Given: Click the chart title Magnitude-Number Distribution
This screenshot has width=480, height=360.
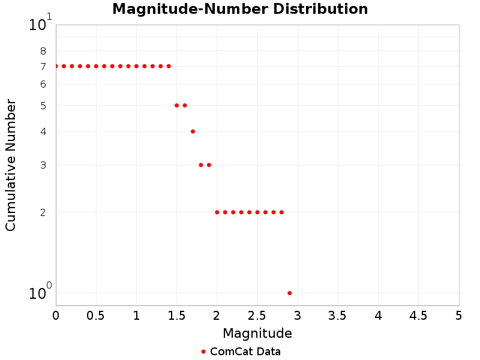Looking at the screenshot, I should tap(240, 9).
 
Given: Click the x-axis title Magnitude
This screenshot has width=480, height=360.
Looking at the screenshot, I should tap(257, 333).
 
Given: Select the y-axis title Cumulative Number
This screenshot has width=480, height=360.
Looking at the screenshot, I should tap(11, 165).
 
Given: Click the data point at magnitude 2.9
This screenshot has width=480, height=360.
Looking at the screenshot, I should tap(290, 293).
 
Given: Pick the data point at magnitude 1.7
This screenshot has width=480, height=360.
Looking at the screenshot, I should tap(193, 131).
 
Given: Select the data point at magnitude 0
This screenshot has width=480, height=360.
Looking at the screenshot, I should tap(56, 66).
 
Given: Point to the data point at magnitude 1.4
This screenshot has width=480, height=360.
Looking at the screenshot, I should tap(169, 66).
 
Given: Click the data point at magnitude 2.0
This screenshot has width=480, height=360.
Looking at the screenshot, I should tap(217, 212).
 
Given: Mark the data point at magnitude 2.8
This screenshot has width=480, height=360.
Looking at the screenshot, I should tap(281, 212).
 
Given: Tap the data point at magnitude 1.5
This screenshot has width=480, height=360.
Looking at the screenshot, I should tap(176, 105).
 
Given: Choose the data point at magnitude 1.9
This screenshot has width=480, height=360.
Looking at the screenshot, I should tap(209, 165).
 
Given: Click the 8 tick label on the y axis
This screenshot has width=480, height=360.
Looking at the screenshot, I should tap(43, 51).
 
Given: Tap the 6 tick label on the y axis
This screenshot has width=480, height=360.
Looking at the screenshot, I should tap(43, 85).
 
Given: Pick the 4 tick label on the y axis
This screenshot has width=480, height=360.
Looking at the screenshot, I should tap(43, 131).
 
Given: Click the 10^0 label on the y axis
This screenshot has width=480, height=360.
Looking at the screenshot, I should tap(40, 292).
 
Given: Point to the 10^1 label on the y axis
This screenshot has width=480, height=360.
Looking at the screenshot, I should tap(40, 24).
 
